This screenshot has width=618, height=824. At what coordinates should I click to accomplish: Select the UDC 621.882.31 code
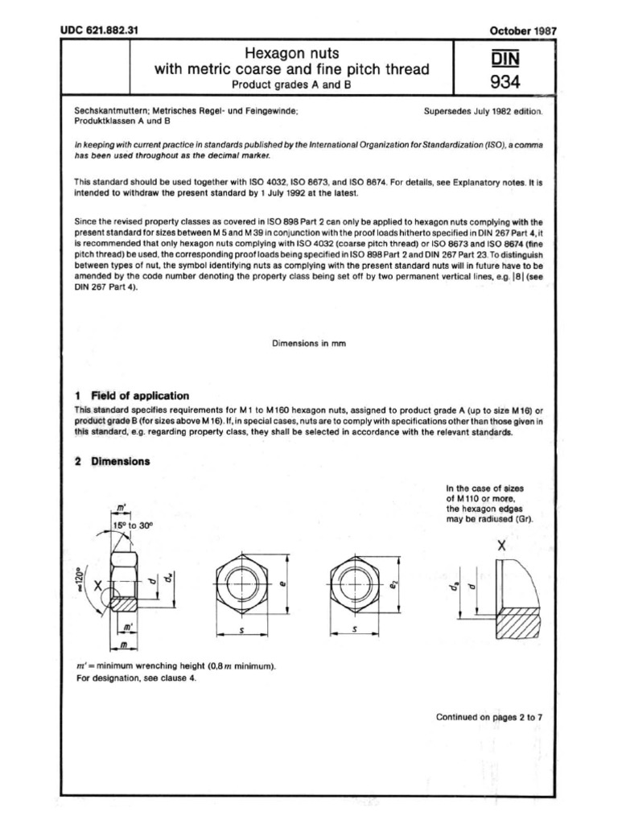tap(100, 31)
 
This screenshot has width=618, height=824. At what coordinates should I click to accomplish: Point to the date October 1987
tap(523, 31)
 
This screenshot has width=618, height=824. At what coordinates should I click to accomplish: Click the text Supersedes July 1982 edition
tap(484, 113)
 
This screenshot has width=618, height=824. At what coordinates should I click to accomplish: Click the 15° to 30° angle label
tap(133, 524)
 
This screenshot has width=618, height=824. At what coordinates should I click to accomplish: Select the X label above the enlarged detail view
tap(501, 546)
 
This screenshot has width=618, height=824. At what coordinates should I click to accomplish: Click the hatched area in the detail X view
tap(521, 624)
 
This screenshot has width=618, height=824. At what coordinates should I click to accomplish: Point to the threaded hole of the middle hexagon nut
tap(241, 581)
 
